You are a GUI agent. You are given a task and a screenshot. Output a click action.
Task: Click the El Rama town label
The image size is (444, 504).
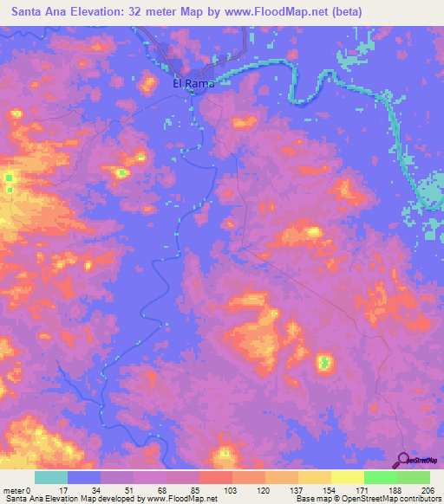click(x=193, y=84)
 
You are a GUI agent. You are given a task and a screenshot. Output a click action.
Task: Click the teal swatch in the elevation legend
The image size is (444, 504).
click(x=51, y=477)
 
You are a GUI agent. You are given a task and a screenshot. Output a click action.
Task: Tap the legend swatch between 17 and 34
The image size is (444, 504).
click(x=84, y=477)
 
